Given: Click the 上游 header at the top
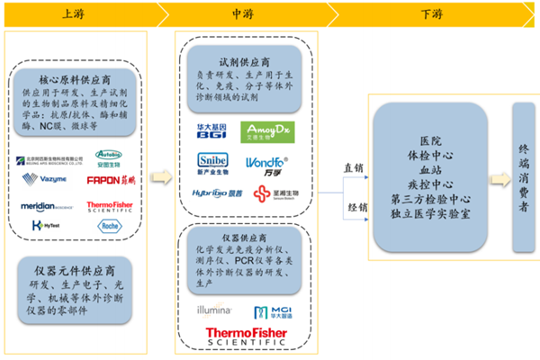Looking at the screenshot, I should [x=75, y=14].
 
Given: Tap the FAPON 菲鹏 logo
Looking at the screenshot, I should [x=108, y=180].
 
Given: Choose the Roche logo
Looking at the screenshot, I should [x=109, y=227].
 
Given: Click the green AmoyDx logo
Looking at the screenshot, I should [x=267, y=132].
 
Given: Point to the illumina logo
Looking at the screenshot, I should [x=218, y=310].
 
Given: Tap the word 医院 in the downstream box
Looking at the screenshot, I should [x=430, y=141].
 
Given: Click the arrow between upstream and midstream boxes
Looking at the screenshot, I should [x=160, y=176].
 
